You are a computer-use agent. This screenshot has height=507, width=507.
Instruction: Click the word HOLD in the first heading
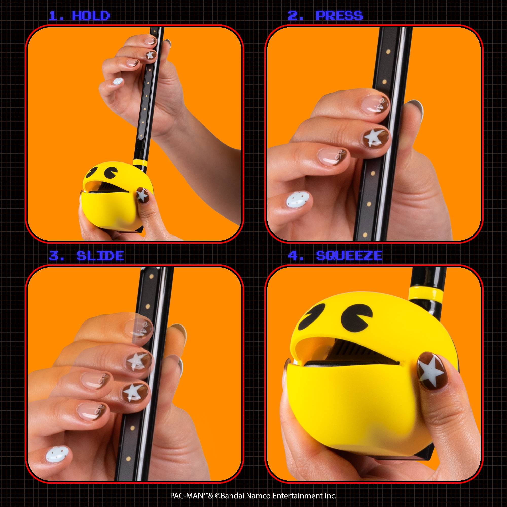click(91, 16)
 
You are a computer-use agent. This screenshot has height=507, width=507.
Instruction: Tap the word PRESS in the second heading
click(339, 16)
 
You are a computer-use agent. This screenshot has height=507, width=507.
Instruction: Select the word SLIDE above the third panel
click(100, 256)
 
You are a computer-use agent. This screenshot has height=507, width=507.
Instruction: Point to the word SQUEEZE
click(349, 256)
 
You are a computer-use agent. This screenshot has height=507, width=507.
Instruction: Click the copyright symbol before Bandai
click(218, 496)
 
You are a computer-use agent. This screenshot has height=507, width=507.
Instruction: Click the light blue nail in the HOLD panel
click(118, 81)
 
